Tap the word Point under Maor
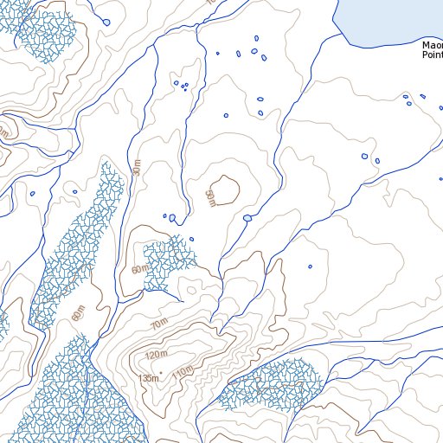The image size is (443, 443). point(432,54)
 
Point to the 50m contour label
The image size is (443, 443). point(209,197)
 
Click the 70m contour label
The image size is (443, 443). point(158,324)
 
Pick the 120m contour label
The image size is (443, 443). point(156,356)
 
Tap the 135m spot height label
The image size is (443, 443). point(148,378)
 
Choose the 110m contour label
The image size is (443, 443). point(183,372)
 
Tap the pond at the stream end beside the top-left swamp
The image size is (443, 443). point(106,22)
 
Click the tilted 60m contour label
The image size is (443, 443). point(80,313)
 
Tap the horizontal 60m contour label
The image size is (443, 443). point(138,270)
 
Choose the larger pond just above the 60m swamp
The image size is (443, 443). point(172,219)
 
